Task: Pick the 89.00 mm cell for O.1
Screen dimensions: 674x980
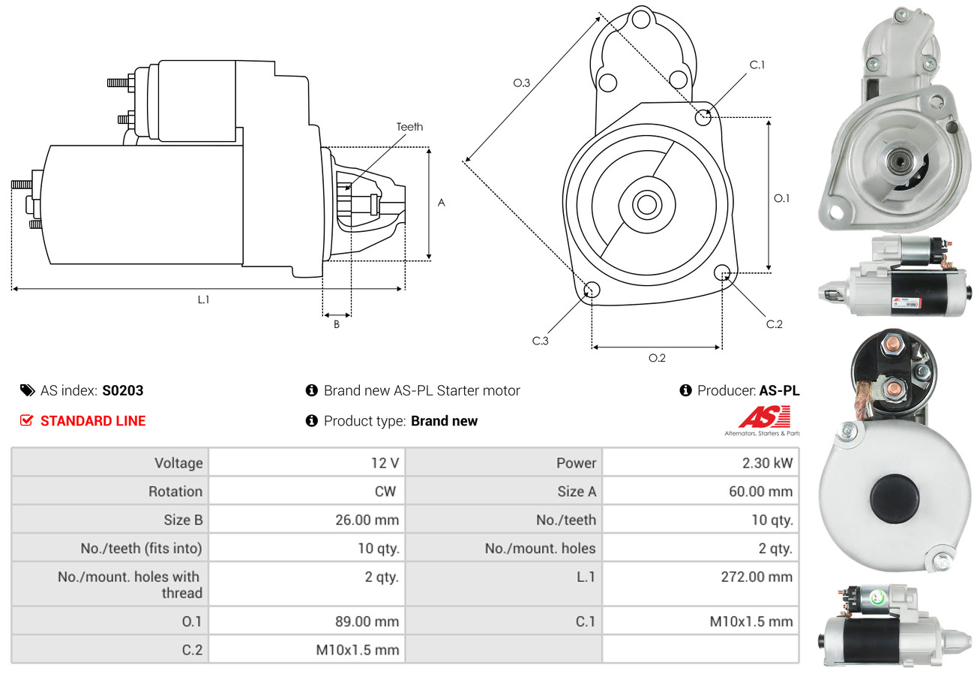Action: tap(367, 621)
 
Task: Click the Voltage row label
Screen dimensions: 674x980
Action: tap(178, 463)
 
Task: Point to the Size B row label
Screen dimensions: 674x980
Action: tap(183, 519)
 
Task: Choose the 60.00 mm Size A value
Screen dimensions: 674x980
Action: tap(761, 492)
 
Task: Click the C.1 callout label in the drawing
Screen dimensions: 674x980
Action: tap(757, 65)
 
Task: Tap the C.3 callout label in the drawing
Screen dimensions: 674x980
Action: tap(541, 341)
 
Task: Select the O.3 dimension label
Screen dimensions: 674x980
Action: tap(522, 83)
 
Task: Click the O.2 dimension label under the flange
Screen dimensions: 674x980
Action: tap(657, 358)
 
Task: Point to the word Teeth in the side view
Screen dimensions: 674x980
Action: tap(409, 127)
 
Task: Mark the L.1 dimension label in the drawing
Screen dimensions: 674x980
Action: tap(203, 299)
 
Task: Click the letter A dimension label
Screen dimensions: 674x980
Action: tap(442, 203)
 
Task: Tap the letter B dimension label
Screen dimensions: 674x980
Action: tap(337, 324)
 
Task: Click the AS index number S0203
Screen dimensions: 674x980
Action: tap(122, 390)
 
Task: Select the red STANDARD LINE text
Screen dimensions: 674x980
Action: tap(93, 421)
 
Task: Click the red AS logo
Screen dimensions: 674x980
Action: tap(764, 417)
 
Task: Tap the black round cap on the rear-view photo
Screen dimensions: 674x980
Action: tap(894, 498)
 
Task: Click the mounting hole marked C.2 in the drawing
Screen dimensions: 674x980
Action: tap(723, 272)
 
